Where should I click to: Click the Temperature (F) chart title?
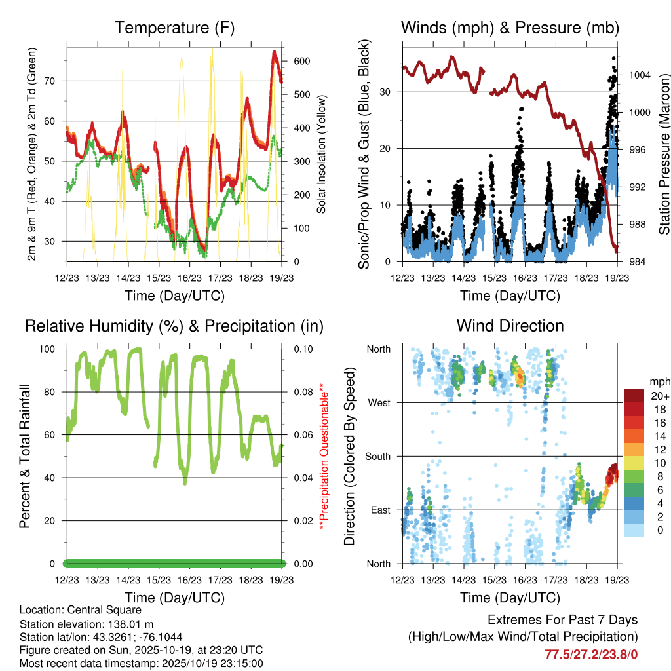point(174,28)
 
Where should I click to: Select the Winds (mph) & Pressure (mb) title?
point(510,28)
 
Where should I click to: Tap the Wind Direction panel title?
point(510,326)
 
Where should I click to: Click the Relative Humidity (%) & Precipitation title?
point(174,326)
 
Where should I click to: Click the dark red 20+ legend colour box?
point(635,396)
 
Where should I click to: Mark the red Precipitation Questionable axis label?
point(322,456)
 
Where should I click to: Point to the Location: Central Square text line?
point(80,610)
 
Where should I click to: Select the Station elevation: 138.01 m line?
point(86,624)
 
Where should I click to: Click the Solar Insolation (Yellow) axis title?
point(322,154)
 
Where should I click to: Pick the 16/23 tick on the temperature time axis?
point(189,277)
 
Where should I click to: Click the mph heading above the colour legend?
point(659,381)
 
